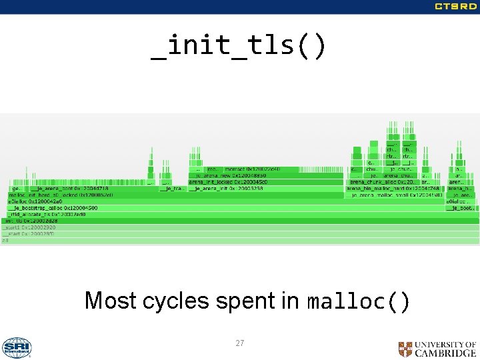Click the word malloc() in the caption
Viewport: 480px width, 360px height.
[x=358, y=302]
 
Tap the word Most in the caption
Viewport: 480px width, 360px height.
[x=111, y=301]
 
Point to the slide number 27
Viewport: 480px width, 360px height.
[x=240, y=343]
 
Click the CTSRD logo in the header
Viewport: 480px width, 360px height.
[x=455, y=7]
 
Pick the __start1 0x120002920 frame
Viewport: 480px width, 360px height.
[x=30, y=227]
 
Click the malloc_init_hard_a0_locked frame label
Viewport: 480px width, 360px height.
[x=60, y=195]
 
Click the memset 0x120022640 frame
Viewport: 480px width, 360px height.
[x=253, y=169]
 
